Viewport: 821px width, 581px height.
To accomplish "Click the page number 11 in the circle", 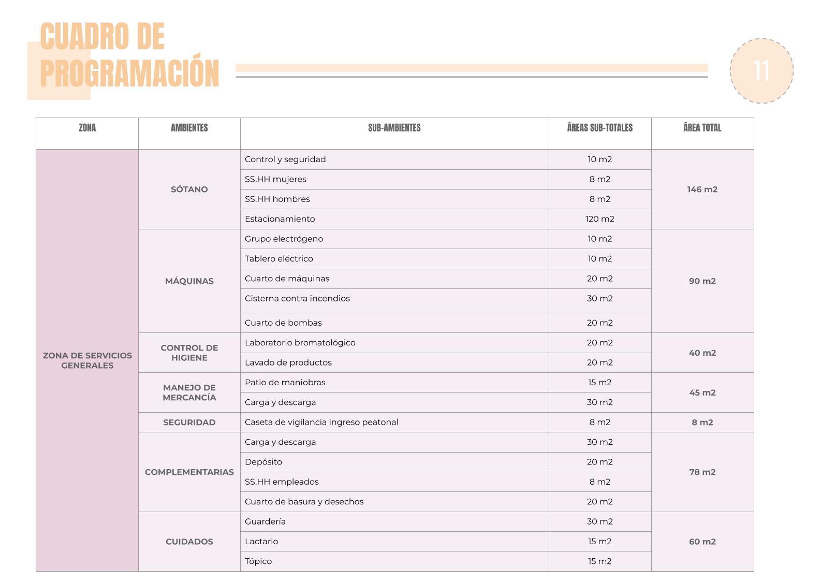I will [x=761, y=71].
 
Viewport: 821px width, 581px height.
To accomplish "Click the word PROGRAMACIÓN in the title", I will [x=129, y=74].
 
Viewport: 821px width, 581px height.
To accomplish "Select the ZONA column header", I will [x=87, y=128].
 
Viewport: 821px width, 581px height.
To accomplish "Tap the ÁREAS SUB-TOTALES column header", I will [x=599, y=128].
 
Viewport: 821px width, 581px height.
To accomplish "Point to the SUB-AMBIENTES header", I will [x=394, y=128].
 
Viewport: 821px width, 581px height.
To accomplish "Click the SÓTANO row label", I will [x=189, y=190].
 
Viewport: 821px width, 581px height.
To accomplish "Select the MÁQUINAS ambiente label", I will [x=189, y=281].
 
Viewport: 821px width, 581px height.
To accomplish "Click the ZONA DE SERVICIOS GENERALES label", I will [x=87, y=360].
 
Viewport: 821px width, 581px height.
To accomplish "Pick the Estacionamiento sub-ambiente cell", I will [x=280, y=219].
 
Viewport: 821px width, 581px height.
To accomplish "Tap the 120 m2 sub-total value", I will [x=599, y=219].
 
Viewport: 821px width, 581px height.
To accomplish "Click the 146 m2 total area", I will [x=702, y=190].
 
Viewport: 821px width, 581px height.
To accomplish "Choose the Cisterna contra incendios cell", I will [x=297, y=298].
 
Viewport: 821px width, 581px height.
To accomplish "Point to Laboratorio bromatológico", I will [x=300, y=343].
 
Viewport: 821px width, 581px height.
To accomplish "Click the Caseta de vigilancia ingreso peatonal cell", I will [x=321, y=422].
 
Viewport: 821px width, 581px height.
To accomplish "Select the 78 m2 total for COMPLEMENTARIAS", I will [x=702, y=472].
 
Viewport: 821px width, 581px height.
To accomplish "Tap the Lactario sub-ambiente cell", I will [x=261, y=542].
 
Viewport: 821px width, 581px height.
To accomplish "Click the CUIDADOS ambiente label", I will [x=189, y=542].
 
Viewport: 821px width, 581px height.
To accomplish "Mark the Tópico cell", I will [x=258, y=561].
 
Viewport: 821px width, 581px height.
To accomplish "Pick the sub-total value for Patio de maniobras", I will [x=599, y=383].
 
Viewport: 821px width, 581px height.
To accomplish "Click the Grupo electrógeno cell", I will [x=284, y=239].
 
